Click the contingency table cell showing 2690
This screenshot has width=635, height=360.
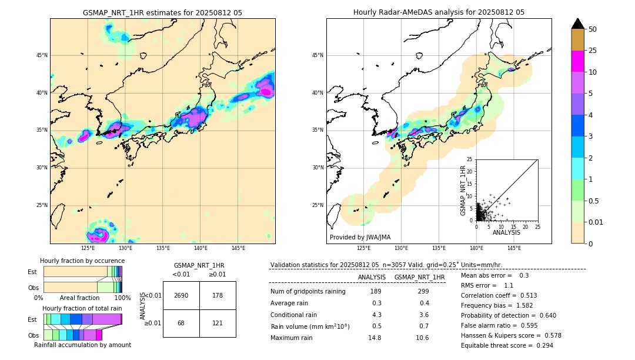(181, 295)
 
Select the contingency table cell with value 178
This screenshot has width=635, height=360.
(218, 295)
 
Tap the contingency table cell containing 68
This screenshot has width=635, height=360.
(181, 324)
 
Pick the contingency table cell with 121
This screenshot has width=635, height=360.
(218, 324)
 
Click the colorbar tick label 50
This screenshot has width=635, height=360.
(593, 29)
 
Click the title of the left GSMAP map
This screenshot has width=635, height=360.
(162, 12)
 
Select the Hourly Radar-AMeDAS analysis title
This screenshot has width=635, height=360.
(439, 12)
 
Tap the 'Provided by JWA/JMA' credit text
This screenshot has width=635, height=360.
(360, 238)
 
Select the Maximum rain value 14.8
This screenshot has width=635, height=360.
(375, 338)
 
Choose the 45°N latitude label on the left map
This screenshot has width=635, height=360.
(42, 55)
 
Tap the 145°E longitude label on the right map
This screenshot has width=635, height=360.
(514, 248)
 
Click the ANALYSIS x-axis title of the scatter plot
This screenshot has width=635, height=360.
(507, 233)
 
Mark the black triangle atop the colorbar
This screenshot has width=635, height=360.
(578, 24)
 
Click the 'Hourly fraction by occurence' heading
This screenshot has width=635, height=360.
(82, 261)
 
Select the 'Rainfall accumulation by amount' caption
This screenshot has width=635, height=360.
(82, 345)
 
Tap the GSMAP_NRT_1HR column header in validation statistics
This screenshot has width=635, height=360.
(419, 277)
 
